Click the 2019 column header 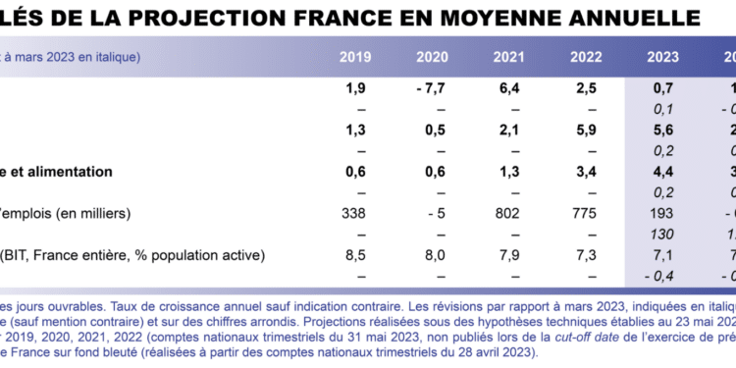tap(354, 57)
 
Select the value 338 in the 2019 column tap(354, 214)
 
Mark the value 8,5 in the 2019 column tap(354, 256)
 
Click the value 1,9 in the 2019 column tap(354, 89)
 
